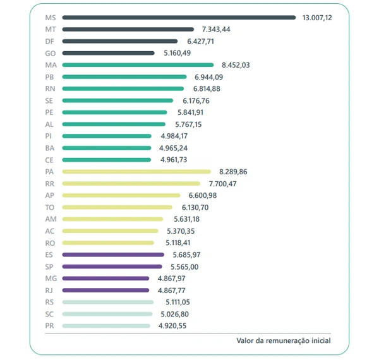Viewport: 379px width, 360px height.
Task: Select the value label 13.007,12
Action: point(317,18)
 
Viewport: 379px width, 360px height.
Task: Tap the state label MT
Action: point(51,30)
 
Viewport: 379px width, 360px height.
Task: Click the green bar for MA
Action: point(138,65)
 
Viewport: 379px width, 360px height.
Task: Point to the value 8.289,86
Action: point(233,172)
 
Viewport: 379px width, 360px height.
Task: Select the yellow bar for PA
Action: point(136,172)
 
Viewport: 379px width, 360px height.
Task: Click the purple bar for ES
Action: point(114,255)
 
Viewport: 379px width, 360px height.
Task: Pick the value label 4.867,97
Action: point(172,279)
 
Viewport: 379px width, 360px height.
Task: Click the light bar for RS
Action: point(108,303)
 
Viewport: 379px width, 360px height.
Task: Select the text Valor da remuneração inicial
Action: point(284,340)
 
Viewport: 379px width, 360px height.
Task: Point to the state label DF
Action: point(51,42)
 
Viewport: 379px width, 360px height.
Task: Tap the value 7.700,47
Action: point(223,184)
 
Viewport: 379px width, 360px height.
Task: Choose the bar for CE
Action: point(107,160)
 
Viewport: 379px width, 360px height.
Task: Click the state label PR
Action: point(51,326)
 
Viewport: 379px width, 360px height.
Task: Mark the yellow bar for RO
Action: point(108,243)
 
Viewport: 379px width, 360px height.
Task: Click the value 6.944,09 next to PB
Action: point(208,77)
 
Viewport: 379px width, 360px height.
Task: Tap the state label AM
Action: point(51,219)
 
